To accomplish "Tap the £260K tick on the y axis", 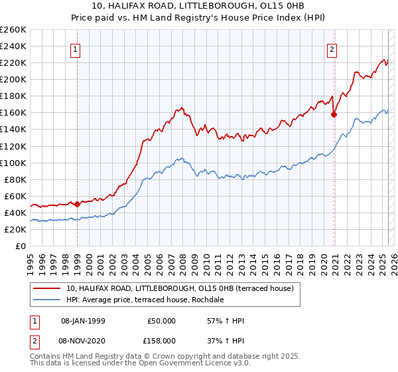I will (13, 30).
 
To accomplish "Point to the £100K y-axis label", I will (13, 163).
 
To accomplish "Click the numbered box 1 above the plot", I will (76, 48).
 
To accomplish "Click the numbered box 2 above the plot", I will (332, 48).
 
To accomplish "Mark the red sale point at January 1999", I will (77, 204).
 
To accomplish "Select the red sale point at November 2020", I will (334, 114).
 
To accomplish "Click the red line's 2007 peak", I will (180, 107).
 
